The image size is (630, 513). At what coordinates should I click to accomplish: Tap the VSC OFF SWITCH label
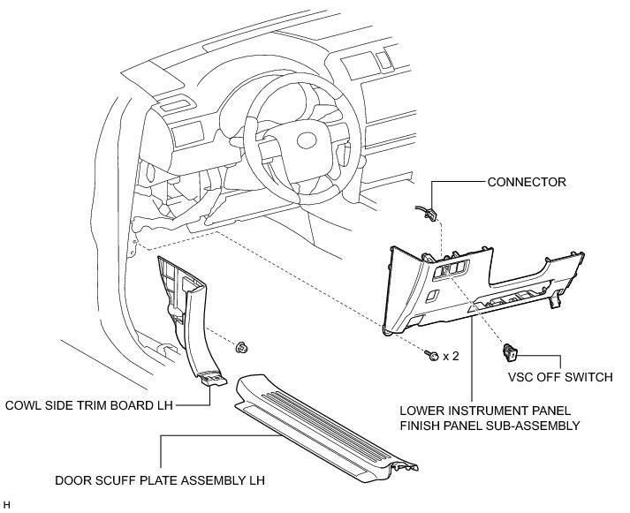coord(560,378)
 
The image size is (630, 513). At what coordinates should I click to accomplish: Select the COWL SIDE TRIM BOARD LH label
coord(88,406)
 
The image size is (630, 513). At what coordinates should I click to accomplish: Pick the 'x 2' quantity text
coord(451,356)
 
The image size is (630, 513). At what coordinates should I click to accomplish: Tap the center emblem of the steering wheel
coord(306,140)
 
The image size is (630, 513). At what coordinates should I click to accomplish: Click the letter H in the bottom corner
coord(6,505)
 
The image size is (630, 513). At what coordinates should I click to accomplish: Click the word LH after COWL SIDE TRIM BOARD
coord(163,406)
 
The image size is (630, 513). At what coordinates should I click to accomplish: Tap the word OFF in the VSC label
coord(550,378)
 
